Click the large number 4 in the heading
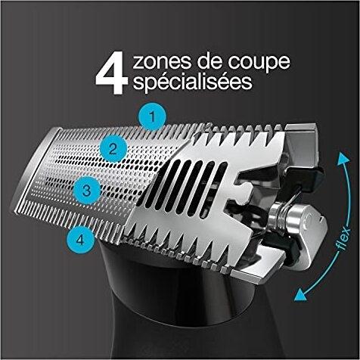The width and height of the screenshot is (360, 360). click(x=109, y=74)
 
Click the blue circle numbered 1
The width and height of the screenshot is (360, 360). click(x=152, y=116)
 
